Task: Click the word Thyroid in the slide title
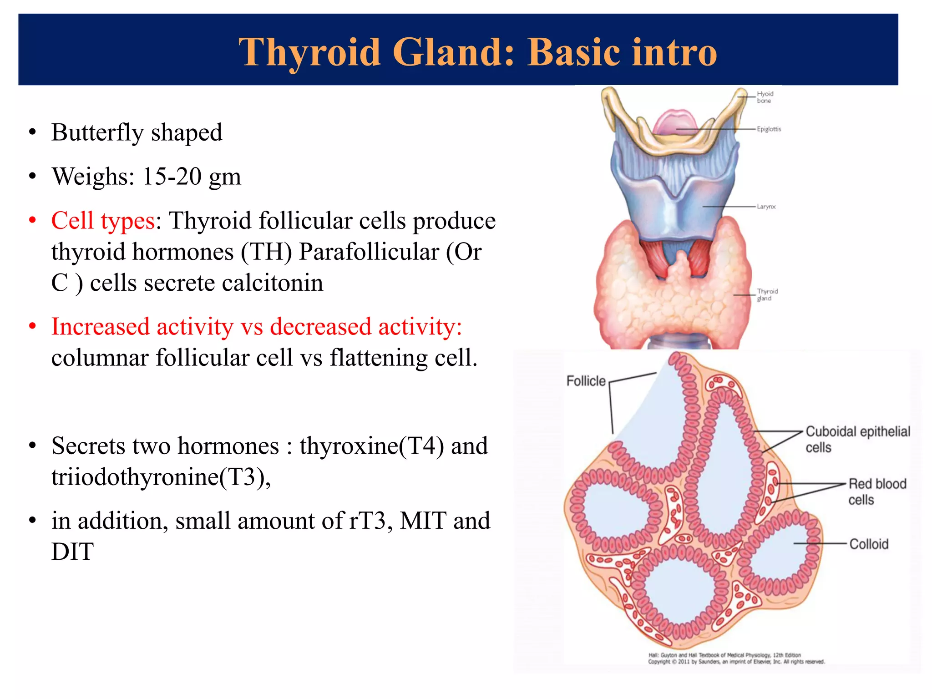[309, 53]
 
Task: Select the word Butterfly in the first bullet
[97, 133]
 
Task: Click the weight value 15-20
[172, 177]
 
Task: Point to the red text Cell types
[103, 221]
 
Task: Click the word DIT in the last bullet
[72, 552]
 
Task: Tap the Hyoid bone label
[765, 97]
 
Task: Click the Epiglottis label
[769, 129]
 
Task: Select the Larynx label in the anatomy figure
[766, 207]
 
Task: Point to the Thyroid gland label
[767, 294]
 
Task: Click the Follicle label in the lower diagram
[586, 381]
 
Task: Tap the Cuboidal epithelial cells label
[857, 439]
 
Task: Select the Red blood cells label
[877, 491]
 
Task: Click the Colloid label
[869, 544]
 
